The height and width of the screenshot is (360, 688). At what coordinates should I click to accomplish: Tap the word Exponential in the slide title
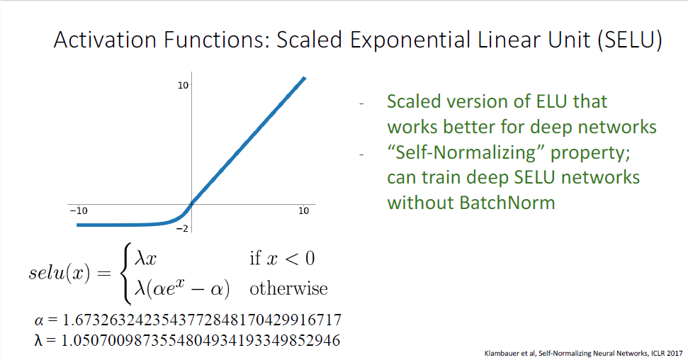pos(410,40)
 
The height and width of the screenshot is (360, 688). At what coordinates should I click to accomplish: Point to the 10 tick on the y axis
pos(183,85)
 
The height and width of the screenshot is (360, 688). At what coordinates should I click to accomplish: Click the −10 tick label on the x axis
pos(79,210)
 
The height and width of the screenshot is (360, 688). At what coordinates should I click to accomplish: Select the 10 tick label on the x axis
pos(304,210)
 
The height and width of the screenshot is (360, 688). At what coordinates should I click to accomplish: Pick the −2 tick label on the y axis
pos(182,228)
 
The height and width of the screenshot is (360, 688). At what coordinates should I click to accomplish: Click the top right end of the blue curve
pos(304,78)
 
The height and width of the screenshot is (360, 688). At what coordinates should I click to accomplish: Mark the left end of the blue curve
pos(78,225)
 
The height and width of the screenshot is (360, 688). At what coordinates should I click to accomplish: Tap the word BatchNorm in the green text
pos(507,203)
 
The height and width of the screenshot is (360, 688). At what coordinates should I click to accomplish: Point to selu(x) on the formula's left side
pos(60,273)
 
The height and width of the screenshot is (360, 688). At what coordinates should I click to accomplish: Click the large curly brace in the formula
pos(126,273)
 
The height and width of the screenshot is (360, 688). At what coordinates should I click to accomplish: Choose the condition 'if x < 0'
pos(282,258)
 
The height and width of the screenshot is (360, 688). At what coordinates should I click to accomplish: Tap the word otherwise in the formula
pos(288,288)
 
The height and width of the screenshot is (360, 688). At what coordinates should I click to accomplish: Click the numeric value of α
pos(202,320)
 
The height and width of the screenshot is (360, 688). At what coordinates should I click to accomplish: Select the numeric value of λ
pos(201,340)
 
